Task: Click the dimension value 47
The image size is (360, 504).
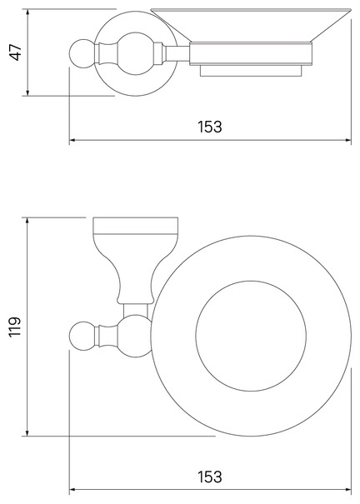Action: pos(16,52)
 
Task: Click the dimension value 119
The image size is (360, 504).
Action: pos(15,327)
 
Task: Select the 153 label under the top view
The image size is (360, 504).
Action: pos(209,127)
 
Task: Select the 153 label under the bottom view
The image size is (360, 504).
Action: pos(209,477)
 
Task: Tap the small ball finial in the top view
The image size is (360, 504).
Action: pos(82,53)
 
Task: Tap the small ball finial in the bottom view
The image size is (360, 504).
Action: pos(82,335)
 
